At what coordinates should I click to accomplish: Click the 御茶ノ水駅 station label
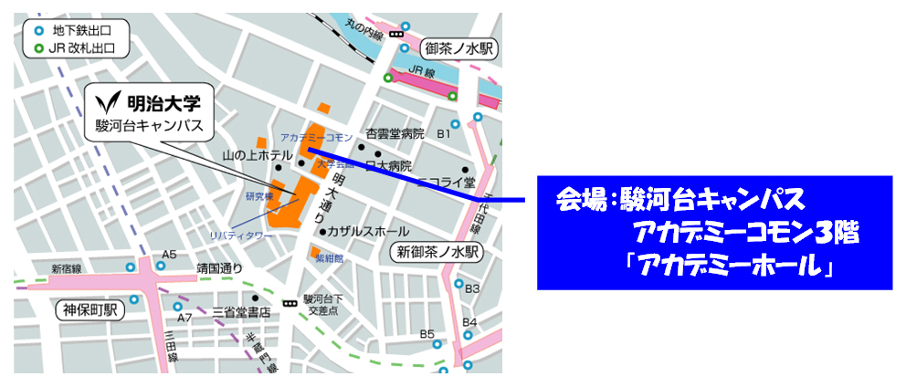[x=458, y=47]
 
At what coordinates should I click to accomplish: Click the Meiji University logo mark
[x=111, y=99]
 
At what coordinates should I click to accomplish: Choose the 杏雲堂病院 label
[x=395, y=133]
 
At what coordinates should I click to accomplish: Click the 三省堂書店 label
[x=241, y=312]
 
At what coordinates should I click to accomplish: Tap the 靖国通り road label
[x=219, y=268]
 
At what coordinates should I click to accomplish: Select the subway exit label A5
[x=168, y=254]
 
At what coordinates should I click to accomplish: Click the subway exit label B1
[x=444, y=133]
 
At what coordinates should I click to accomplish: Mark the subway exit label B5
[x=427, y=334]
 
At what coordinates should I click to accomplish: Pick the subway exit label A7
[x=184, y=318]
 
